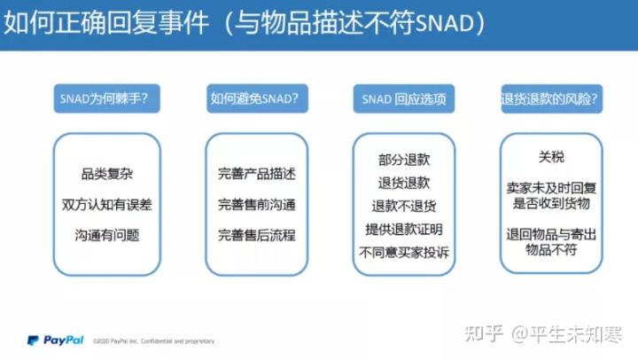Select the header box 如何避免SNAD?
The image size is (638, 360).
[x=254, y=98]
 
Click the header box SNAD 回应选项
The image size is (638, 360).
[x=403, y=98]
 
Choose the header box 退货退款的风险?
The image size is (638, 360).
[x=549, y=98]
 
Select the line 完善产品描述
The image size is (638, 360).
[x=256, y=174]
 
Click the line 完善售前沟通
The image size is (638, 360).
[x=256, y=205]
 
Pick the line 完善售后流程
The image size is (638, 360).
[x=256, y=236]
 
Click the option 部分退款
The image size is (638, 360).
[x=403, y=160]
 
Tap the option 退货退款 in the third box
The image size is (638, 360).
[x=403, y=183]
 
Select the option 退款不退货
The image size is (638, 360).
[x=403, y=206]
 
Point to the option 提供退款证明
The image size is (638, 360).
[x=403, y=229]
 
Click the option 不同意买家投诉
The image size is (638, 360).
[x=403, y=253]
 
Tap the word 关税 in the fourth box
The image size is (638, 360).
[x=551, y=157]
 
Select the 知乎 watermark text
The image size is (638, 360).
[x=489, y=334]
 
